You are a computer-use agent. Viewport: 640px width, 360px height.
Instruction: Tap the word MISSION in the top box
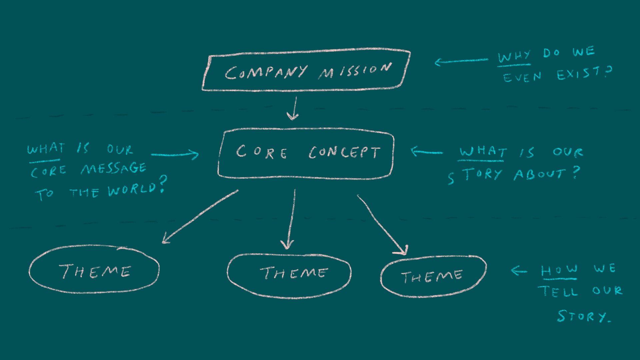click(354, 70)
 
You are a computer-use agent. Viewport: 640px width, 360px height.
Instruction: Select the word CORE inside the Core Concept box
click(261, 152)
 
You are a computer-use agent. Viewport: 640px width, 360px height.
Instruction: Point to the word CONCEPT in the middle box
click(344, 152)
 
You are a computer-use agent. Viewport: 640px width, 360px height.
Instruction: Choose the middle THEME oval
click(289, 276)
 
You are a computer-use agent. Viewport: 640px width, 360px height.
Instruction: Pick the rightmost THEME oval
click(433, 276)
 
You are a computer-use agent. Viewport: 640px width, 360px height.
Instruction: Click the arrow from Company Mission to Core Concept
click(293, 108)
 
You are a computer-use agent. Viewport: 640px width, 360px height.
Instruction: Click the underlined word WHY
click(514, 57)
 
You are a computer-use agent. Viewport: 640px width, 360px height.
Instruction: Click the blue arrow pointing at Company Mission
click(462, 61)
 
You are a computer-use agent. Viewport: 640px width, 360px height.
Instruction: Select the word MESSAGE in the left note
click(113, 169)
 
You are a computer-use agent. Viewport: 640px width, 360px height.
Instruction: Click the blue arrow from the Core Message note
click(175, 154)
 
